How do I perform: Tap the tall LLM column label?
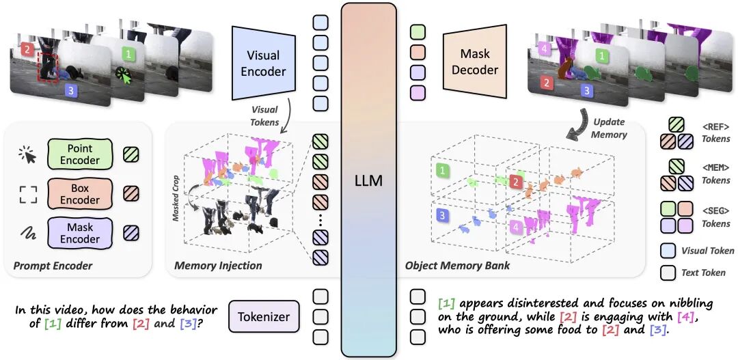click(x=368, y=182)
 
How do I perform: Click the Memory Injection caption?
click(x=218, y=265)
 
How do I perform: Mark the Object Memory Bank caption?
click(x=457, y=265)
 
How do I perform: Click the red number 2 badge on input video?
click(x=26, y=50)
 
